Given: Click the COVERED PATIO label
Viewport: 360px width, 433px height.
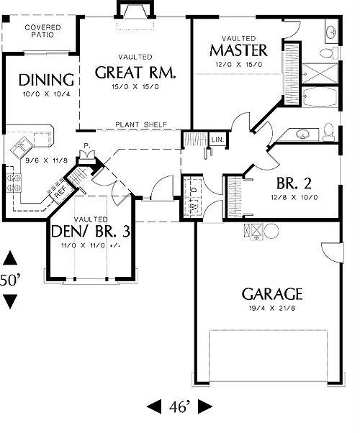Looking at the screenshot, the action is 42,31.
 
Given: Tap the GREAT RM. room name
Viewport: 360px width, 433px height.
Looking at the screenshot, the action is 135,73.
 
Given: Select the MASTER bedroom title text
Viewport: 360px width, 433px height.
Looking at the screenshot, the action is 238,50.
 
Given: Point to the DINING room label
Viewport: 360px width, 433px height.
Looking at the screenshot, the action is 46,80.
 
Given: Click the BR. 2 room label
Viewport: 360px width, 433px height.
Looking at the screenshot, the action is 294,183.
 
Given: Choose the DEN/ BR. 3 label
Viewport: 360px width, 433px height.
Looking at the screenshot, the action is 91,231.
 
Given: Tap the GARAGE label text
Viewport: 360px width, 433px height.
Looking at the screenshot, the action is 272,293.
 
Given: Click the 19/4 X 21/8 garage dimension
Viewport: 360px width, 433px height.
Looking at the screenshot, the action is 272,308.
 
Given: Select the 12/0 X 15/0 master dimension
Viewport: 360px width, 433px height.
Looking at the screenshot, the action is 238,65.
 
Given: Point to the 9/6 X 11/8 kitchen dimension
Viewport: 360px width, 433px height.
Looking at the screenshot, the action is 47,160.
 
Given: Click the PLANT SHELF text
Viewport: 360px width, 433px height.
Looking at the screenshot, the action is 141,125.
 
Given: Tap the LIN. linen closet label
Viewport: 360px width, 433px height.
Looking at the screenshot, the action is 217,140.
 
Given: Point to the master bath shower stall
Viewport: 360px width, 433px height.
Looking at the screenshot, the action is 320,73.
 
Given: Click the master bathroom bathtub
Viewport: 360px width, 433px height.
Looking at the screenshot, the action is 320,96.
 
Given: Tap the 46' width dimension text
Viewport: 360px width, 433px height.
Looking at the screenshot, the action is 180,406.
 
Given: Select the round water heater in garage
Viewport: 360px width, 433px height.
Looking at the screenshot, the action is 271,230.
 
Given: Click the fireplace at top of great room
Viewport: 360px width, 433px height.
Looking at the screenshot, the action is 135,11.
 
